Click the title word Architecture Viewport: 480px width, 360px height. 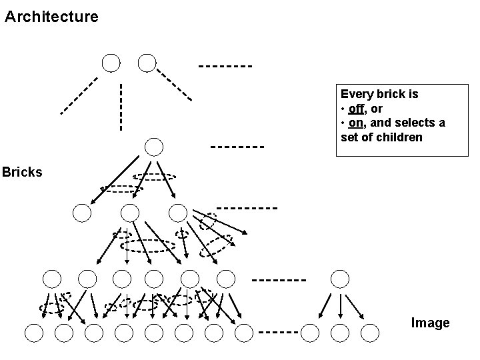pyautogui.click(x=51, y=16)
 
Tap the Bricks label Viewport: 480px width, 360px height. pyautogui.click(x=22, y=172)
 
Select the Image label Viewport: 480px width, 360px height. pyautogui.click(x=430, y=323)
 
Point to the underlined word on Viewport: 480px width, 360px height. pyautogui.click(x=356, y=123)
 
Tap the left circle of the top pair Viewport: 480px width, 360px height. pyautogui.click(x=111, y=63)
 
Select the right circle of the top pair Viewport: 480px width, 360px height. pyautogui.click(x=147, y=63)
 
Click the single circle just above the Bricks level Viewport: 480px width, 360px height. pyautogui.click(x=154, y=147)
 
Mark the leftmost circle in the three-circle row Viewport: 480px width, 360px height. pyautogui.click(x=82, y=213)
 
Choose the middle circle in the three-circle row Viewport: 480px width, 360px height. pyautogui.click(x=130, y=213)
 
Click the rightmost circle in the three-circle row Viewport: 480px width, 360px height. pyautogui.click(x=178, y=213)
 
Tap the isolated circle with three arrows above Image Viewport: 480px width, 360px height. pyautogui.click(x=340, y=278)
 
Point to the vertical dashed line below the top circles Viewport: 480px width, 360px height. pyautogui.click(x=121, y=107)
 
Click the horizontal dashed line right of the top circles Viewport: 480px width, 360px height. pyautogui.click(x=225, y=66)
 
